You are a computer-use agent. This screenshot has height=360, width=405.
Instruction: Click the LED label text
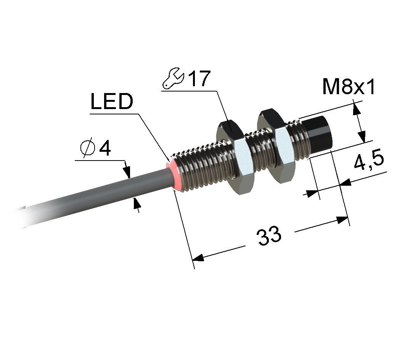[x=112, y=101]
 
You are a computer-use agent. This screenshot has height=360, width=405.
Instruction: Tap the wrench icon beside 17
[x=173, y=79]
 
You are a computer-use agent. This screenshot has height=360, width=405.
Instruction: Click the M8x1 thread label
[x=349, y=87]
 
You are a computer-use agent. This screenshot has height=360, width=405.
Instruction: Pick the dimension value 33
[x=269, y=236]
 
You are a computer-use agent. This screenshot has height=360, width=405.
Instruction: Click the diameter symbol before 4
[x=87, y=149]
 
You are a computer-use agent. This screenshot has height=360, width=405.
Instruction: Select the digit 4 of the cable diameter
[x=105, y=149]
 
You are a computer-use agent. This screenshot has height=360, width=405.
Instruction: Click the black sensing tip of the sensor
[x=316, y=136]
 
